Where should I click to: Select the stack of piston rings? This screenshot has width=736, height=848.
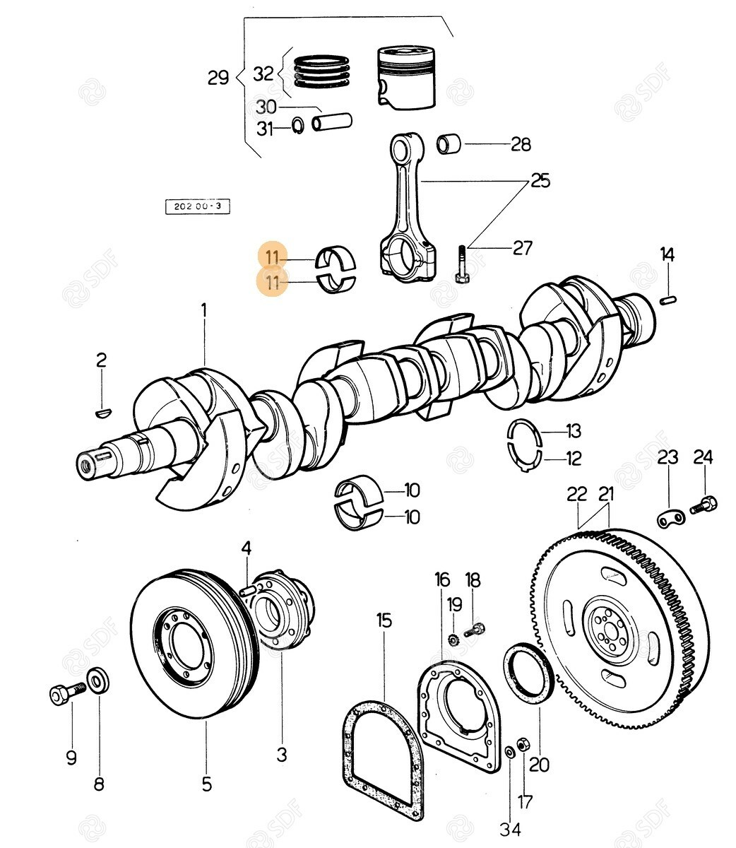(x=322, y=71)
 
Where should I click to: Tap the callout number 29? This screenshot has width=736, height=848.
(x=218, y=77)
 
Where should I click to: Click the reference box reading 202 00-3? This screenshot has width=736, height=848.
(x=197, y=206)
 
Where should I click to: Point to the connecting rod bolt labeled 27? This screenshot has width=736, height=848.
(x=461, y=263)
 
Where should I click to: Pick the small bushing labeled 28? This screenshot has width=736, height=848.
(x=449, y=143)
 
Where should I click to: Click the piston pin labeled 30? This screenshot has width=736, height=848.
(x=333, y=122)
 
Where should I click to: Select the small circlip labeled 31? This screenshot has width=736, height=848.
(x=297, y=126)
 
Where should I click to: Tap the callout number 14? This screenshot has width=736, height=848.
(x=667, y=254)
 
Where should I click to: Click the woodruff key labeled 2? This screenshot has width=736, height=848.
(x=103, y=408)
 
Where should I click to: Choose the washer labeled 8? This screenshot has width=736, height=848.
(x=97, y=681)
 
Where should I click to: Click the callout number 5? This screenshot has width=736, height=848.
(x=206, y=783)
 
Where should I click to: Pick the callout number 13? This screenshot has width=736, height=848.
(x=573, y=430)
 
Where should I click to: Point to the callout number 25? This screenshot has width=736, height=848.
(x=540, y=181)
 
